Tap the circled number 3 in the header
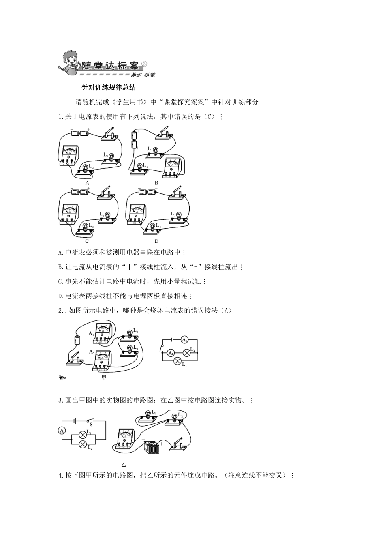[x=144, y=64]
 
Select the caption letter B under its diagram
[x=156, y=183]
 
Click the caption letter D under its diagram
[x=156, y=241]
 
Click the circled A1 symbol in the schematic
[x=184, y=340]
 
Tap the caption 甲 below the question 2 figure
[x=104, y=378]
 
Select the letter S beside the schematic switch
[x=91, y=425]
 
